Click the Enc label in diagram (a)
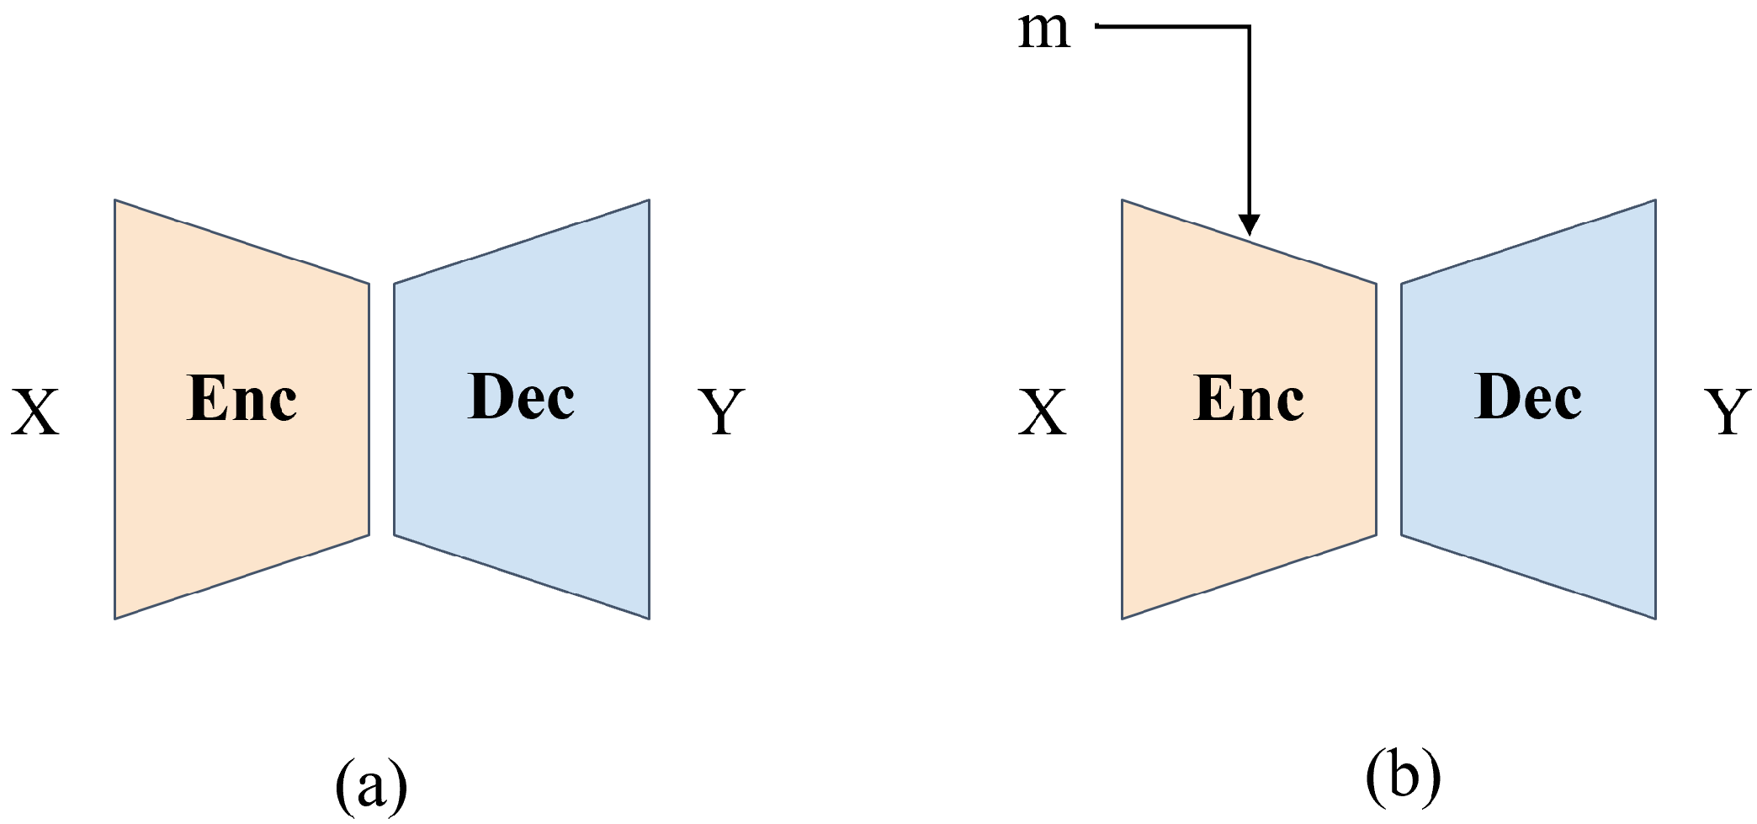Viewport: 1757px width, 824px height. click(x=242, y=398)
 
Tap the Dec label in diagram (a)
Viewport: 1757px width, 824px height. click(x=521, y=396)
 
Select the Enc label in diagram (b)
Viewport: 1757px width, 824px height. click(x=1249, y=398)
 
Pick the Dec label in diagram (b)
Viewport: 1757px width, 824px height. click(x=1528, y=396)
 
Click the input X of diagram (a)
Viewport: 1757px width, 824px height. click(x=35, y=412)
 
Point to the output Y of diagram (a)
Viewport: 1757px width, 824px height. click(x=722, y=412)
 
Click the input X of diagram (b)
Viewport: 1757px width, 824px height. click(x=1043, y=412)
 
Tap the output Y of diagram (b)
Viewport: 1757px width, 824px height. click(x=1728, y=412)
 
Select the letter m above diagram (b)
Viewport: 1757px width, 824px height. click(x=1044, y=31)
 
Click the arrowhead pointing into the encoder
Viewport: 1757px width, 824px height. click(x=1250, y=225)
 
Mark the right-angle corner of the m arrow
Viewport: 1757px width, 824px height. click(x=1250, y=27)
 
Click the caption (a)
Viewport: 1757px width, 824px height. click(x=371, y=784)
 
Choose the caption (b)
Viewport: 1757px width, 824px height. click(x=1403, y=775)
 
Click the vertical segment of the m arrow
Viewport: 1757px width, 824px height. click(x=1250, y=126)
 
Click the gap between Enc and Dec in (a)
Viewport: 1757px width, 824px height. click(x=382, y=409)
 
